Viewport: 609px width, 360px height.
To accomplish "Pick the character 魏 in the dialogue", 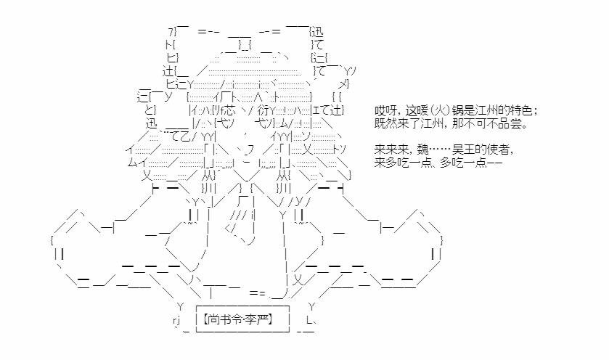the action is click(423, 149).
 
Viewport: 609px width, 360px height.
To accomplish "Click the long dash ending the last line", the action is click(494, 163).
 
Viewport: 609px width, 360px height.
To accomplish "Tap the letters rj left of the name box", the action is click(176, 321).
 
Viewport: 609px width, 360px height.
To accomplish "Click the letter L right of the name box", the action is click(309, 320).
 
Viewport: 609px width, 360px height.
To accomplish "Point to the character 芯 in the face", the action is click(229, 110).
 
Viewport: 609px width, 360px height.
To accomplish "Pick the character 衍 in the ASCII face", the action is click(263, 110).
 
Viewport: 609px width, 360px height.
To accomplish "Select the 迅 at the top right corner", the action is click(317, 31).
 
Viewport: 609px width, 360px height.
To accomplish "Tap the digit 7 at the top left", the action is click(171, 32).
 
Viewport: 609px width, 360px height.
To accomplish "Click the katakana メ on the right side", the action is click(342, 84).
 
